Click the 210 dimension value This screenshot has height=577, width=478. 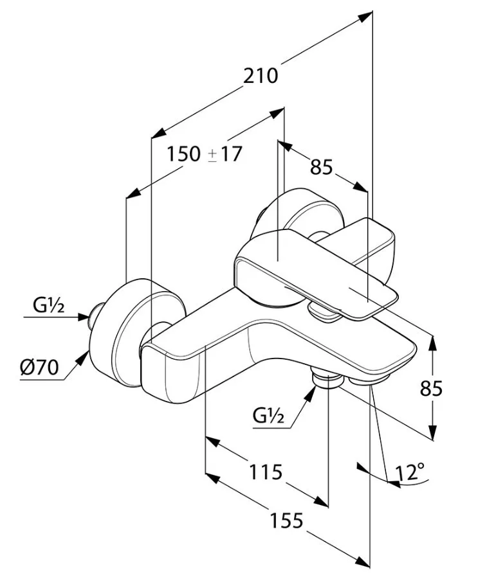(x=260, y=76)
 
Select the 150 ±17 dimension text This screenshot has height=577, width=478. (x=205, y=154)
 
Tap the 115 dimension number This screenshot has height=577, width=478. (x=266, y=472)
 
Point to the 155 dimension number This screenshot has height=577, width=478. (x=286, y=520)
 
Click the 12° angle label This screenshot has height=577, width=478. (x=409, y=472)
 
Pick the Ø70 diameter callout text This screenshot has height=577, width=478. (x=39, y=367)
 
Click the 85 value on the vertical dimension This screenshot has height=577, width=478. (x=431, y=388)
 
